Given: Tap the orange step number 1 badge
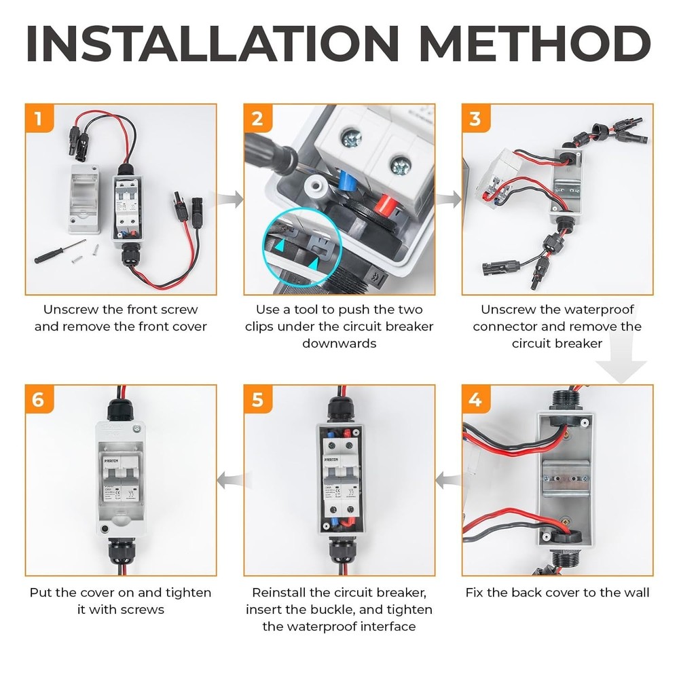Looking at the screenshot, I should (x=38, y=119).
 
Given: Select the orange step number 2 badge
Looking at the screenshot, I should (x=257, y=119).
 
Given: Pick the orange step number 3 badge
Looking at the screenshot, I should (x=475, y=119).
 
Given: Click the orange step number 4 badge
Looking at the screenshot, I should (x=475, y=400).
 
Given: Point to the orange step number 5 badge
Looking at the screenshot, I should (x=257, y=400).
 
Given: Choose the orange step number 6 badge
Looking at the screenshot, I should (x=38, y=400).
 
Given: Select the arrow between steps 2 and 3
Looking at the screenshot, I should (x=448, y=200).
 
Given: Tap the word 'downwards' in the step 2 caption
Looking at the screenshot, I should (x=339, y=344).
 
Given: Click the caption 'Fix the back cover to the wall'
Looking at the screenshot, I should (x=557, y=592).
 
